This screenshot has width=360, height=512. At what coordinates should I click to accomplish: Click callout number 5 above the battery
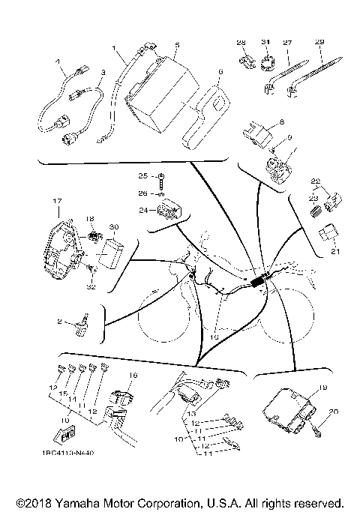(175, 45)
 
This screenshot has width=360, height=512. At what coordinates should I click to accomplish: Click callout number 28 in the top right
(241, 42)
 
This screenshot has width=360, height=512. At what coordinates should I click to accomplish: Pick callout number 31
(264, 42)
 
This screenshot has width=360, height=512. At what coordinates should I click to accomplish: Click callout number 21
(335, 250)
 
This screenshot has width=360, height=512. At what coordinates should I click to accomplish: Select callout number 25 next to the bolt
(142, 175)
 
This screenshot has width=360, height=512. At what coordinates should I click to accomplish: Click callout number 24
(142, 211)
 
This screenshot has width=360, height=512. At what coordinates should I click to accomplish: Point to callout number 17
(55, 202)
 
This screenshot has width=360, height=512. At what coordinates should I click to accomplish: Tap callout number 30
(113, 226)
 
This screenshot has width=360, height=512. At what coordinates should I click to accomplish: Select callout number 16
(134, 375)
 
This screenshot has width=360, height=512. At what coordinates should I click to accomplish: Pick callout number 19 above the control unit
(322, 388)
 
